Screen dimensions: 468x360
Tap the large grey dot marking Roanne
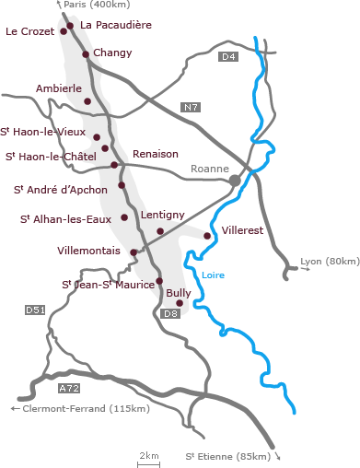[236, 180]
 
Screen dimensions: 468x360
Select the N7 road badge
[191, 108]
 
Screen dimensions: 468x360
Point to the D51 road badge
[35, 310]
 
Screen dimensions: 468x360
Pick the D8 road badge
[170, 314]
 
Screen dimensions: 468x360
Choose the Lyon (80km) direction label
[330, 262]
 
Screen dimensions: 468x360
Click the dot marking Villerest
[207, 236]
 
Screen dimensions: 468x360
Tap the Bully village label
[179, 292]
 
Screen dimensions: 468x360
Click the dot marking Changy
[86, 54]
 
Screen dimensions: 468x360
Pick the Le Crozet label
[29, 30]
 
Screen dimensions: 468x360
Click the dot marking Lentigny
[160, 231]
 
